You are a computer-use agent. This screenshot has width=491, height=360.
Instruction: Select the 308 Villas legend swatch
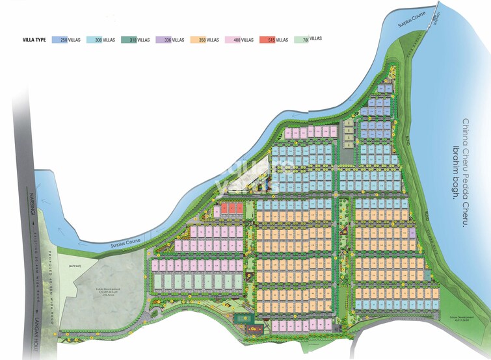[94, 40]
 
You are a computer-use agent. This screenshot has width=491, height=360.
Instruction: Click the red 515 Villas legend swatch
[267, 40]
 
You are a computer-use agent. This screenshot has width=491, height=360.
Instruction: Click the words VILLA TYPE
[33, 40]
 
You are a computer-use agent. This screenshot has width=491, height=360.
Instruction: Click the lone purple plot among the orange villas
[411, 232]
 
